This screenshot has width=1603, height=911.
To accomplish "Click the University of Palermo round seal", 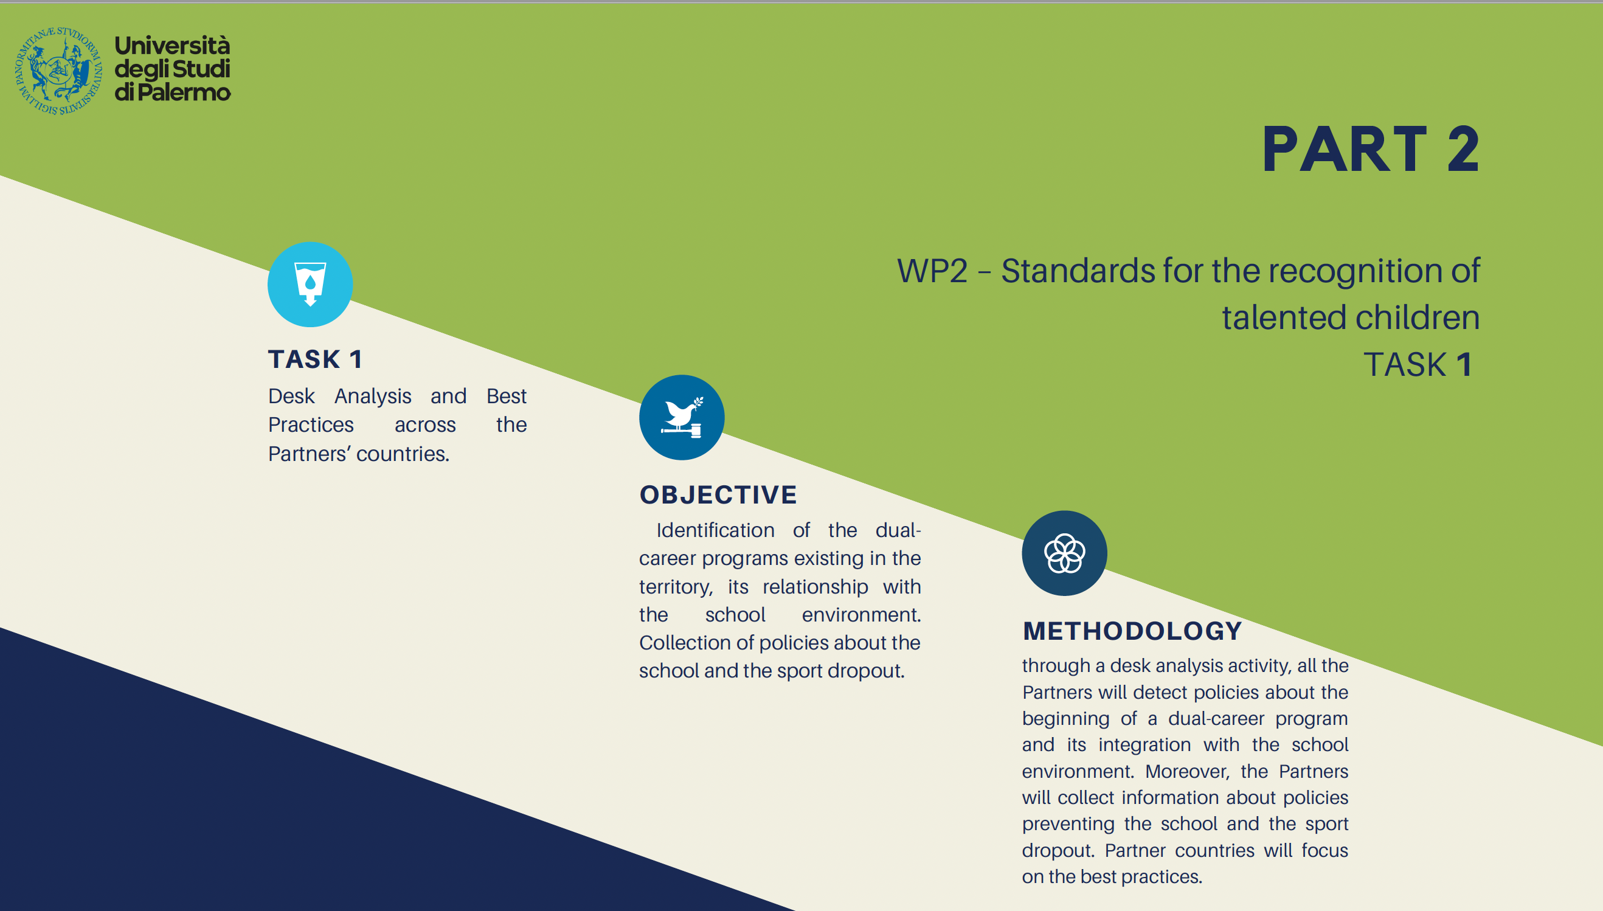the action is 58,71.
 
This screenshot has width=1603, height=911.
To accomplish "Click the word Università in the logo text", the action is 172,46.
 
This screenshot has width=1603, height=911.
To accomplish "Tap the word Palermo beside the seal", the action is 184,92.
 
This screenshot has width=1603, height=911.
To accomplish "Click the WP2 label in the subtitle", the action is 932,271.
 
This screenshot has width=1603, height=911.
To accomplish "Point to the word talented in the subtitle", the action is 1284,317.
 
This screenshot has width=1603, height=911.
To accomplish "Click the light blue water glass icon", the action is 310,284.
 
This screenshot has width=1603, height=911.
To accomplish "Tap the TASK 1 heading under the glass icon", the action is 316,359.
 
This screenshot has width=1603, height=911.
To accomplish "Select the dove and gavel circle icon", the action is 681,417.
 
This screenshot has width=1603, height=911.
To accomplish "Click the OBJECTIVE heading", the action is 718,495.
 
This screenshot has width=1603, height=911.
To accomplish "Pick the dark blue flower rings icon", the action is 1064,553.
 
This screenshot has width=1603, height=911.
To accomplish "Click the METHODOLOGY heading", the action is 1132,631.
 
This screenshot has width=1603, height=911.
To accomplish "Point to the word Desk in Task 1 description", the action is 291,396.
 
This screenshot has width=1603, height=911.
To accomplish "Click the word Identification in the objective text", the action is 715,530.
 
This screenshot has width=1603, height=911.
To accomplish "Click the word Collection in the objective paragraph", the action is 685,643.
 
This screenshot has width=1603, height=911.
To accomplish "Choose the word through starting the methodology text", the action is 1056,666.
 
